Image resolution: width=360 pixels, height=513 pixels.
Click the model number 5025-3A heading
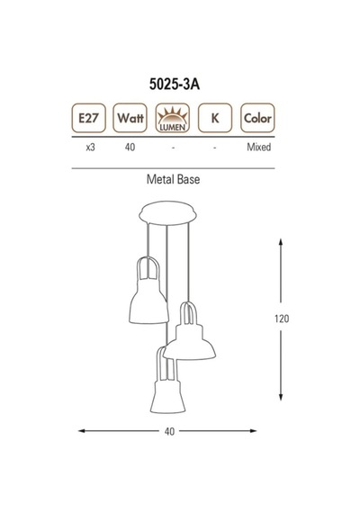point(175,85)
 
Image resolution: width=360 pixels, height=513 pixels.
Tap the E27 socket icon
point(89,118)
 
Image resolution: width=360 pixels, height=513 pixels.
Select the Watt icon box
point(130,118)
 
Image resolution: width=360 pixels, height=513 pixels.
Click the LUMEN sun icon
point(173,118)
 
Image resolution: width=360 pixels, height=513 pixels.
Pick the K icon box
point(215,118)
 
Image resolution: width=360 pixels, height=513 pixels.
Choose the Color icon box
point(257,118)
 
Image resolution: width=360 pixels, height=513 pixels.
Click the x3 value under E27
point(90,148)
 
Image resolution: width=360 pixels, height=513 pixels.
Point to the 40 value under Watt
point(130,148)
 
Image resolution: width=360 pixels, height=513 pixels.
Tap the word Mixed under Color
point(259,148)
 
